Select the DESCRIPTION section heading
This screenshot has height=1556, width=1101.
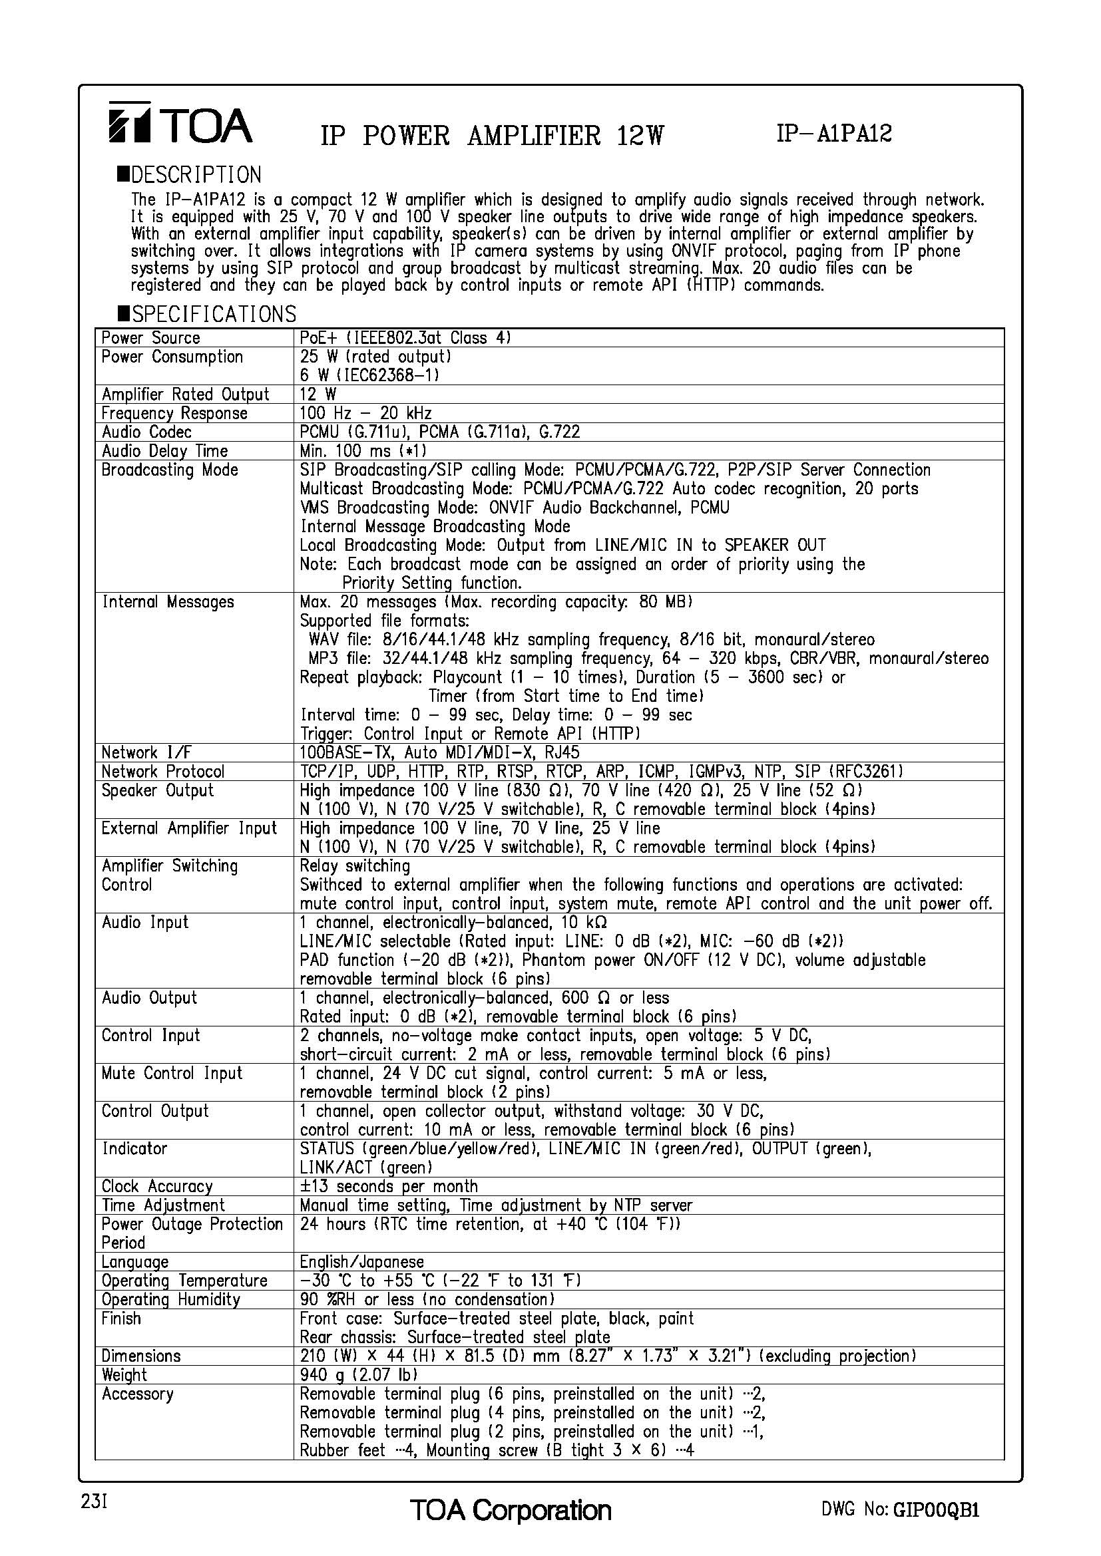coord(189,175)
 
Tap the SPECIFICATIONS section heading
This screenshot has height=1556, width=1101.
coord(207,314)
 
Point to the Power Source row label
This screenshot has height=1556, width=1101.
coord(150,338)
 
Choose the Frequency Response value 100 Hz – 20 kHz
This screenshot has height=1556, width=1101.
coord(365,413)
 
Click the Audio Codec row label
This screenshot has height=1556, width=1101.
coord(146,432)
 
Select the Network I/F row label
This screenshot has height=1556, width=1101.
coord(140,753)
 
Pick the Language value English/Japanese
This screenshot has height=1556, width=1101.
coord(361,1262)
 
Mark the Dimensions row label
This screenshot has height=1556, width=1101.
coord(141,1356)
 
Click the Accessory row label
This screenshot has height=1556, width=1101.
coord(138,1394)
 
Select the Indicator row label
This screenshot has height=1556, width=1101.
coord(134,1149)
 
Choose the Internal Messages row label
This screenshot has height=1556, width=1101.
coord(168,602)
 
